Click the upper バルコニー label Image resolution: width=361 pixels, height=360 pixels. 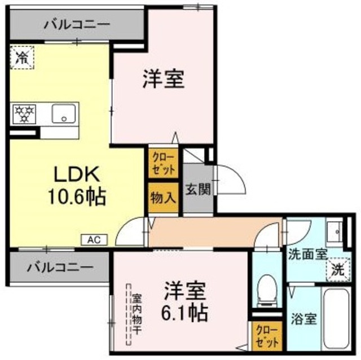pos(77,25)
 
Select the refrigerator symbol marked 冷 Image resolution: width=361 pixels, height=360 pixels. pos(21,57)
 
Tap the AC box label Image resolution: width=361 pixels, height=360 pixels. pos(94,239)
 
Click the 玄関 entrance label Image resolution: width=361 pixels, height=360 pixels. pos(198,189)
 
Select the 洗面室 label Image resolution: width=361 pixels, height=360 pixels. pos(307,253)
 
